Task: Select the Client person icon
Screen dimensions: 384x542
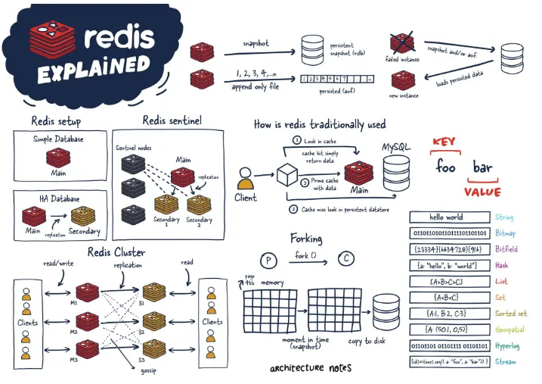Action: coord(245,183)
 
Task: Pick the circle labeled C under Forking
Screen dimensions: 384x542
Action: coord(345,259)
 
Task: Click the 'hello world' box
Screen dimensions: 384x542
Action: coord(445,218)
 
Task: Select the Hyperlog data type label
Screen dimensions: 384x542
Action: coord(510,346)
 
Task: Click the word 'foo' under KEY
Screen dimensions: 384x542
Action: coord(445,166)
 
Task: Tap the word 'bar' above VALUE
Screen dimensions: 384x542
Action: coord(482,167)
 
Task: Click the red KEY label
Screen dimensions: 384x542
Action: coord(446,142)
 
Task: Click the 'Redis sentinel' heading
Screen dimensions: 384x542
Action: coord(172,120)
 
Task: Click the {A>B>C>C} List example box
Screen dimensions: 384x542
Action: coord(445,282)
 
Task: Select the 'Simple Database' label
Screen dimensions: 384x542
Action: coord(57,139)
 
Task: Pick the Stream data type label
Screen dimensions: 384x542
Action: coord(506,362)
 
